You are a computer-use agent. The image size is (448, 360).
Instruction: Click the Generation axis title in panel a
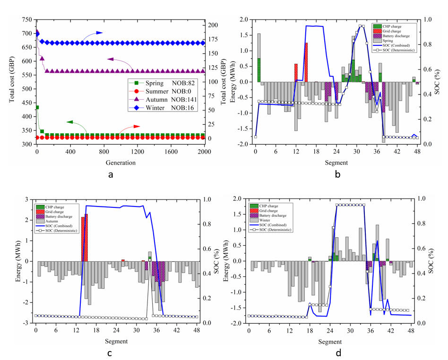point(121,163)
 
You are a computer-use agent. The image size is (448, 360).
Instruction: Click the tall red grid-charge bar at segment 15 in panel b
point(306,62)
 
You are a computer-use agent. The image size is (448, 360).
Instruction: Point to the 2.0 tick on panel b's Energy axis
point(244,20)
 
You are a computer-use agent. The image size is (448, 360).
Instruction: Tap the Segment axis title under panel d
point(330,341)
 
